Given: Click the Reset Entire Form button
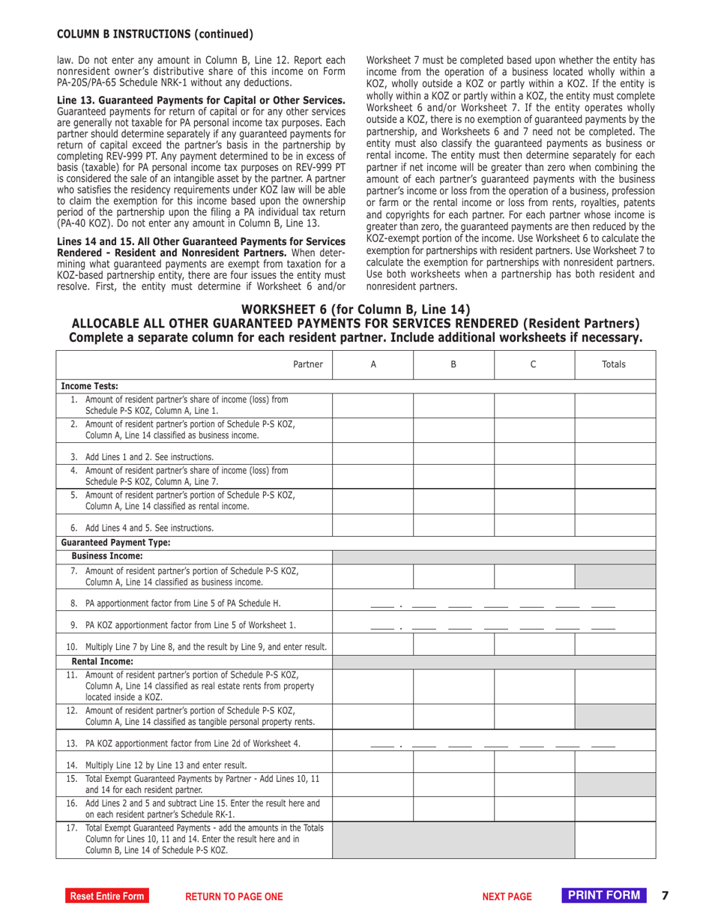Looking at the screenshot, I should (105, 896).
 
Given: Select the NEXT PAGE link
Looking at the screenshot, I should (507, 896).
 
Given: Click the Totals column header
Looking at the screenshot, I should (615, 364).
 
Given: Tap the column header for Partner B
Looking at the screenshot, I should (453, 364).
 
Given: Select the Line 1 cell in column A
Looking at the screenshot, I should (372, 404).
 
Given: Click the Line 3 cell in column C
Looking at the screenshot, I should (534, 455).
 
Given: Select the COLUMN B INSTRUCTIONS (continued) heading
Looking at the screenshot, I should (155, 34).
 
